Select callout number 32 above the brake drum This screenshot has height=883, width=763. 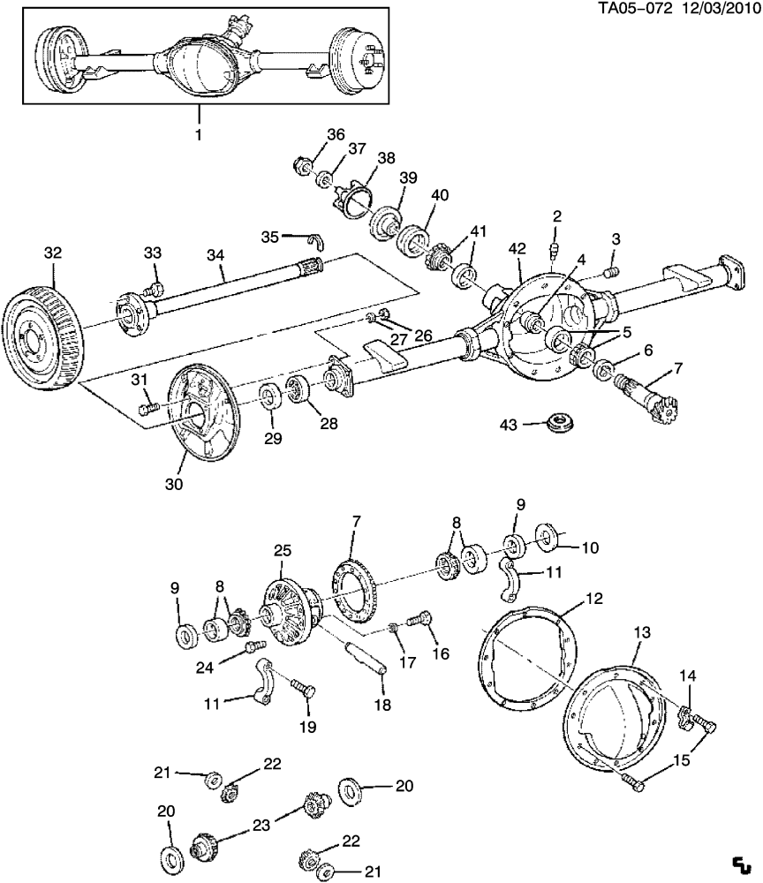point(53,253)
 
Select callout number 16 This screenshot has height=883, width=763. point(440,654)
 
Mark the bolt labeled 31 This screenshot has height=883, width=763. point(148,408)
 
